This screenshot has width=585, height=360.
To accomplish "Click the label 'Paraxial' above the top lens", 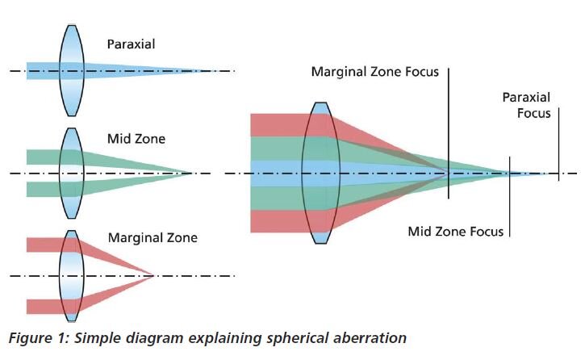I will (131, 45).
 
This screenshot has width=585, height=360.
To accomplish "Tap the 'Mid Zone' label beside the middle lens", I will (136, 139).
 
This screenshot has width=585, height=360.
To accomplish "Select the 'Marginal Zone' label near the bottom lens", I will (153, 238).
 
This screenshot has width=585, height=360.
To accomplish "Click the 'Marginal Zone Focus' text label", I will (375, 73).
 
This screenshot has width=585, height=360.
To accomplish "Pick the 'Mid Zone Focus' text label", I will (455, 232).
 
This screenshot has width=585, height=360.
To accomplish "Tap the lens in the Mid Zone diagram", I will (71, 173).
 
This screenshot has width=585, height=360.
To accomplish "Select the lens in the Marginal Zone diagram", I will (71, 276).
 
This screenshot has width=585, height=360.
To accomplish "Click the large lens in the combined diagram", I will (320, 173).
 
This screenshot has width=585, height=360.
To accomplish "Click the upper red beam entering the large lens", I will (274, 124).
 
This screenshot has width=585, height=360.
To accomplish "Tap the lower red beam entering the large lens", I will (274, 221).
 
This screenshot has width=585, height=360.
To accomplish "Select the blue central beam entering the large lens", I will (274, 173).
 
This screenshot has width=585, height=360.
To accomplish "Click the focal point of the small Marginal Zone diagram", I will (153, 276).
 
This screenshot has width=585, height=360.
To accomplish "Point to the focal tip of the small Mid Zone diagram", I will (191, 173).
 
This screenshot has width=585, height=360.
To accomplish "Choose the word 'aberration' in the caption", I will (367, 338).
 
